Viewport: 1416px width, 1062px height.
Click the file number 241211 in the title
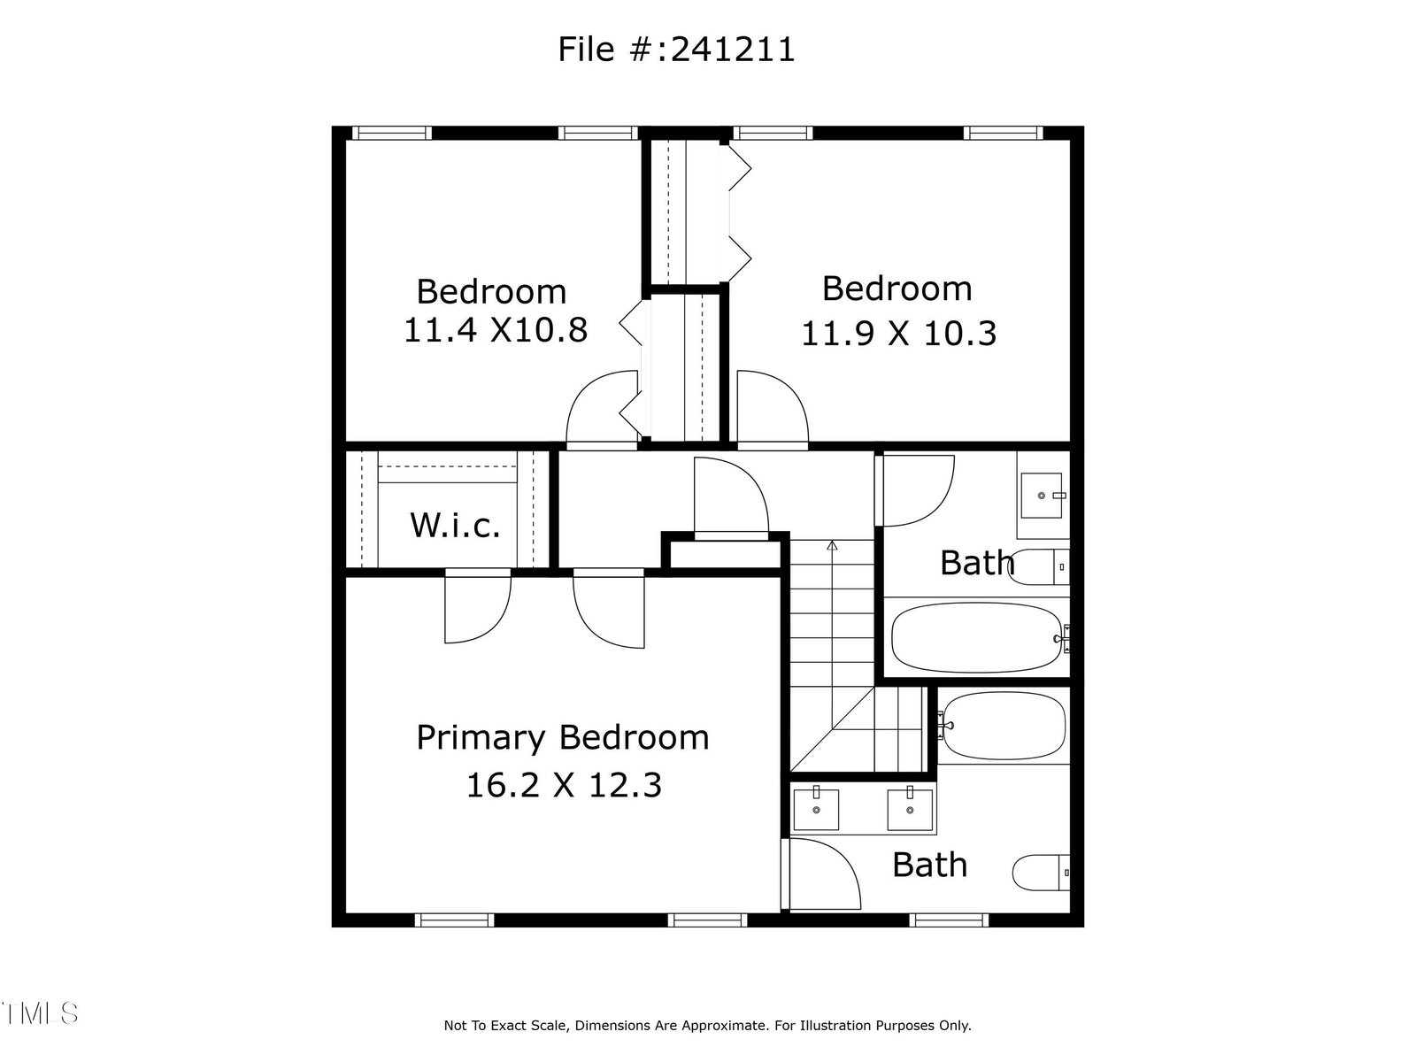click(733, 50)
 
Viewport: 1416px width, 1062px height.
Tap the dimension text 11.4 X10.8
click(496, 329)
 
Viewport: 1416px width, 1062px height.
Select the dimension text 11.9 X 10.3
click(898, 334)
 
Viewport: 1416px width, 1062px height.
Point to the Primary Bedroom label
click(563, 738)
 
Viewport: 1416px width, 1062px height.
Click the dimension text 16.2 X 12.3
click(564, 785)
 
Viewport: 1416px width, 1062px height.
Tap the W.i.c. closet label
click(456, 525)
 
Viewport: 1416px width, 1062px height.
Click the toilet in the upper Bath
click(1038, 566)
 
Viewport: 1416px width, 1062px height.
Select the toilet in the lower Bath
click(1041, 873)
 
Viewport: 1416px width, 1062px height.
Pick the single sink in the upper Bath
click(1041, 496)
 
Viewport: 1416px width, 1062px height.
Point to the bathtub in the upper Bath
click(977, 638)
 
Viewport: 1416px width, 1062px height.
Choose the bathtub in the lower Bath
click(1003, 725)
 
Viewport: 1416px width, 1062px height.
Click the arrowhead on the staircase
click(832, 545)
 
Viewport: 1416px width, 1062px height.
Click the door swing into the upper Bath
click(916, 490)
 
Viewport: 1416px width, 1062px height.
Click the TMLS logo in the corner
click(40, 1013)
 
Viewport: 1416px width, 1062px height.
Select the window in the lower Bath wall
click(949, 920)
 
